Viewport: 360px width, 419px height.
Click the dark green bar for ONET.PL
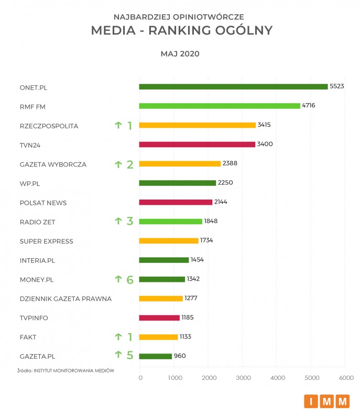(233, 86)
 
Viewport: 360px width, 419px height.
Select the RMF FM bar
(219, 106)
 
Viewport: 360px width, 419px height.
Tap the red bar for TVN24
(197, 144)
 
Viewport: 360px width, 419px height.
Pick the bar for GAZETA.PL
(156, 356)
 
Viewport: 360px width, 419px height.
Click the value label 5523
(336, 86)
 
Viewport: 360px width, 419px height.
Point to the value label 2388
(230, 163)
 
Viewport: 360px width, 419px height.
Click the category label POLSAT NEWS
(43, 203)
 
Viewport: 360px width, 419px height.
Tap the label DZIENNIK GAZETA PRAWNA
(66, 299)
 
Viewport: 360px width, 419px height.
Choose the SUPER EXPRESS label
(46, 241)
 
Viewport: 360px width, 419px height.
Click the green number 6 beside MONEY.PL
(129, 280)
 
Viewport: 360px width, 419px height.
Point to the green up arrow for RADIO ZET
(118, 222)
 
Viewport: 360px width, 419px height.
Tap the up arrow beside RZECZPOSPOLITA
(118, 125)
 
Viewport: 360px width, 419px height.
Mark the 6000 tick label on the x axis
(346, 378)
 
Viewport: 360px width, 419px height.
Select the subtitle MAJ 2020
(180, 54)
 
